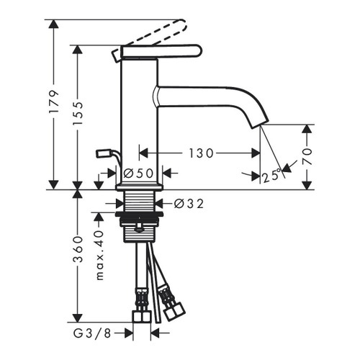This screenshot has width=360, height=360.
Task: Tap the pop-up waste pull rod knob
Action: tap(103, 153)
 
